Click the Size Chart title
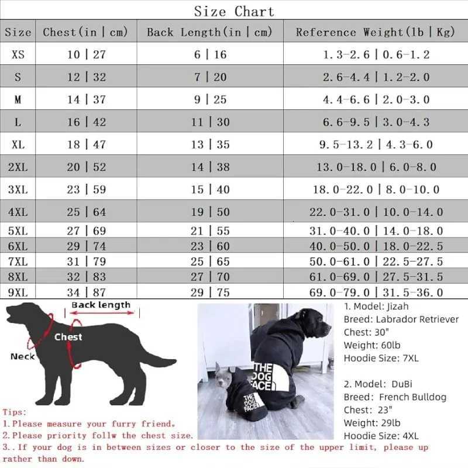click(234, 11)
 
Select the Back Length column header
click(209, 32)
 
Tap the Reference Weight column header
click(375, 32)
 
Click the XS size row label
click(18, 54)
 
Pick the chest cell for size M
click(86, 99)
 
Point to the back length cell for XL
click(209, 144)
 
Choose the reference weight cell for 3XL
click(375, 190)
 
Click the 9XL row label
click(18, 291)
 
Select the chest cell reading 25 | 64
click(86, 212)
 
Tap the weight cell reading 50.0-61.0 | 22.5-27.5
click(375, 261)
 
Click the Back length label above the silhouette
click(101, 305)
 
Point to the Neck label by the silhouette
click(22, 356)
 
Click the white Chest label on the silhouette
click(68, 337)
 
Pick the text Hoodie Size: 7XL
click(381, 358)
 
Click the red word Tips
click(14, 412)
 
